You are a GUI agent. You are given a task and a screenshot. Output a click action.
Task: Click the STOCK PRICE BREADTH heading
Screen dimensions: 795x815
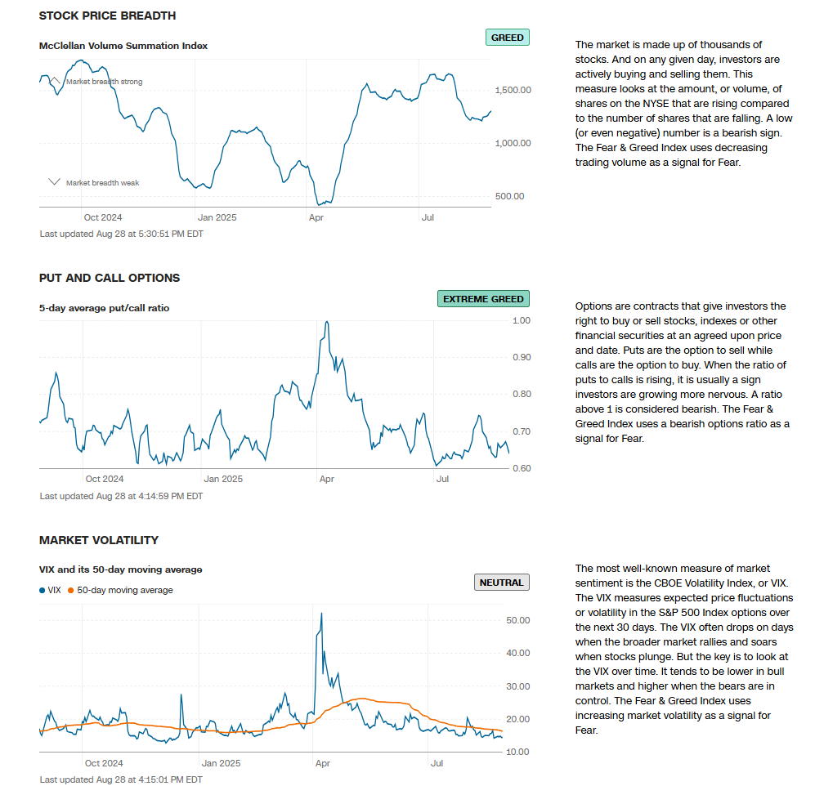pos(107,16)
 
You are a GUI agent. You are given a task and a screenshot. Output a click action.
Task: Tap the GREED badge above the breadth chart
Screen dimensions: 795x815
pos(507,38)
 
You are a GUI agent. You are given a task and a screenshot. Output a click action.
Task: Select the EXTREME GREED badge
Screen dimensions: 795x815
pos(483,299)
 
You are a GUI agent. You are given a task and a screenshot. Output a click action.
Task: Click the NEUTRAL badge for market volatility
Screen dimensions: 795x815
pos(501,583)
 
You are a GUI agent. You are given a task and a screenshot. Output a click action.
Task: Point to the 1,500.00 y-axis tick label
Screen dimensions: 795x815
pos(513,90)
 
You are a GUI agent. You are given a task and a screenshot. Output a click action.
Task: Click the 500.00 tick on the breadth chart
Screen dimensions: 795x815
pos(508,196)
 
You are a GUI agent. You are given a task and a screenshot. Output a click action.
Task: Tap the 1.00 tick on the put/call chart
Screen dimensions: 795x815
pos(521,320)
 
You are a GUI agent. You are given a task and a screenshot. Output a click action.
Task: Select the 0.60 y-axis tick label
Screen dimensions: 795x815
pos(521,468)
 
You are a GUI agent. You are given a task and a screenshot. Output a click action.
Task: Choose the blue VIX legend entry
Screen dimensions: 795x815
pos(51,590)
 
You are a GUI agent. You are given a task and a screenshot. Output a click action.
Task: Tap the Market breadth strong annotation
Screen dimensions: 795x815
pos(104,82)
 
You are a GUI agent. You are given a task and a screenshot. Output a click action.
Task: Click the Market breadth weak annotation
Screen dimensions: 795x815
pos(102,183)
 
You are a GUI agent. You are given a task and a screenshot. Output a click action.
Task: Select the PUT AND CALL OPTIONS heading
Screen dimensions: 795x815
pos(110,278)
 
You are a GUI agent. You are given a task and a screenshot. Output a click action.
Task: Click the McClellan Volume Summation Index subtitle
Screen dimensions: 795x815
pos(123,46)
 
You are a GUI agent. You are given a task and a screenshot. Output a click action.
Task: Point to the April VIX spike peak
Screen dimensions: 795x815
pos(321,614)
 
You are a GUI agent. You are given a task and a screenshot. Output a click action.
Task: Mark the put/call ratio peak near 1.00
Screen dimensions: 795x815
pos(327,322)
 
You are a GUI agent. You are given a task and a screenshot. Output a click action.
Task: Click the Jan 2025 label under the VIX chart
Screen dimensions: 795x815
pos(218,763)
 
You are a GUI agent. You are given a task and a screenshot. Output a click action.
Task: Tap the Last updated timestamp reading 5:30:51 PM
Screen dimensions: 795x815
pos(121,234)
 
